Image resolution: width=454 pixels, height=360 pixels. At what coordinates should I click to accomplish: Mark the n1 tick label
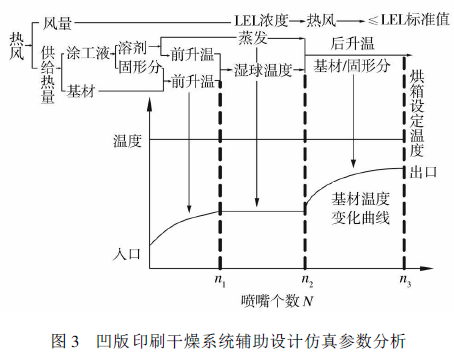point(220,279)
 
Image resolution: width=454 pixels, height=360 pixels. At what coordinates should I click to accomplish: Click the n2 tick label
point(306,279)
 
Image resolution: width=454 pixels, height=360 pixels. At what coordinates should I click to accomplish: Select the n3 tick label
point(406,279)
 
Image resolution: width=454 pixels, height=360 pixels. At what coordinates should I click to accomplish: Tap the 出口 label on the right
point(418,173)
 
